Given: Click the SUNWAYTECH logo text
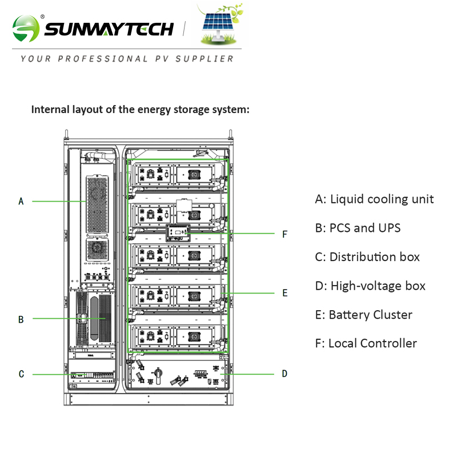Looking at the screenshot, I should [109, 29].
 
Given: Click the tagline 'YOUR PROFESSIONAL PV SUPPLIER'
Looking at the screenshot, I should [127, 58].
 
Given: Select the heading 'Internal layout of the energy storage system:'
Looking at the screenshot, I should [140, 109].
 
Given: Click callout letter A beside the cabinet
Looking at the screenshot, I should [21, 201].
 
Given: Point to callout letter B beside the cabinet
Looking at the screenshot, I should [21, 319].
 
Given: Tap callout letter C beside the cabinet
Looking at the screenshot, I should [21, 374].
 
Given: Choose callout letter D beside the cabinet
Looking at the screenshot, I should [284, 374].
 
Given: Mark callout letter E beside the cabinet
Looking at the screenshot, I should [284, 293].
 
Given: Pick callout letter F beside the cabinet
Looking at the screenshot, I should [284, 234].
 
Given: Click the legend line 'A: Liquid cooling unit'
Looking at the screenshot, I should [374, 199].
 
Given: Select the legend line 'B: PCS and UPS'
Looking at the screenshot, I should [358, 228].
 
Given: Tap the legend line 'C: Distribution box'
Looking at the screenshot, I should [367, 257].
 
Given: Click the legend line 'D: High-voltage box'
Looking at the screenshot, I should [370, 286].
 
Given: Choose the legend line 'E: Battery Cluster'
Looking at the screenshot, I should [363, 315].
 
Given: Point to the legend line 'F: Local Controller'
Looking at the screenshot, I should [366, 343].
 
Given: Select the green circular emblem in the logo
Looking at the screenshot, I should [27, 28].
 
